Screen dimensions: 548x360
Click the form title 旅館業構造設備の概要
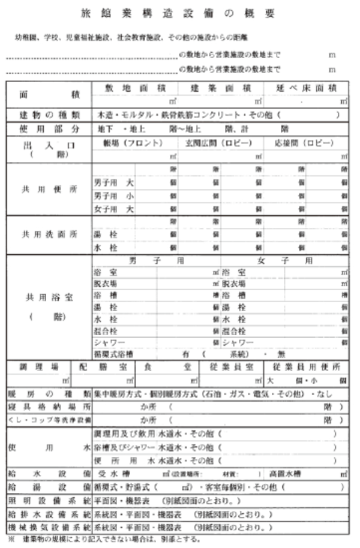coord(180,13)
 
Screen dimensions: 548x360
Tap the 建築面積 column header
coord(221,88)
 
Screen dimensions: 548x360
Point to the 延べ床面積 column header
coord(306,88)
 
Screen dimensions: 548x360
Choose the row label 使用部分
coord(49,129)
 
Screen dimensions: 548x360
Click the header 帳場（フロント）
coord(134,144)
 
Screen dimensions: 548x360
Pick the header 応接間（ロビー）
coord(306,144)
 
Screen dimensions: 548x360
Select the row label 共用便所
coord(49,189)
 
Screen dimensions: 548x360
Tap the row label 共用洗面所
coord(49,234)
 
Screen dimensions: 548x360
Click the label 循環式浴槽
coord(113,354)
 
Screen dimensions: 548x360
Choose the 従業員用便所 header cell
coord(306,366)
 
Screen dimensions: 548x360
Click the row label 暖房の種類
coord(49,394)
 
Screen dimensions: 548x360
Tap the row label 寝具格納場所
coord(49,407)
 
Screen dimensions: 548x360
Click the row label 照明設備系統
coord(49,500)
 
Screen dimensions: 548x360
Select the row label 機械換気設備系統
coord(49,528)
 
